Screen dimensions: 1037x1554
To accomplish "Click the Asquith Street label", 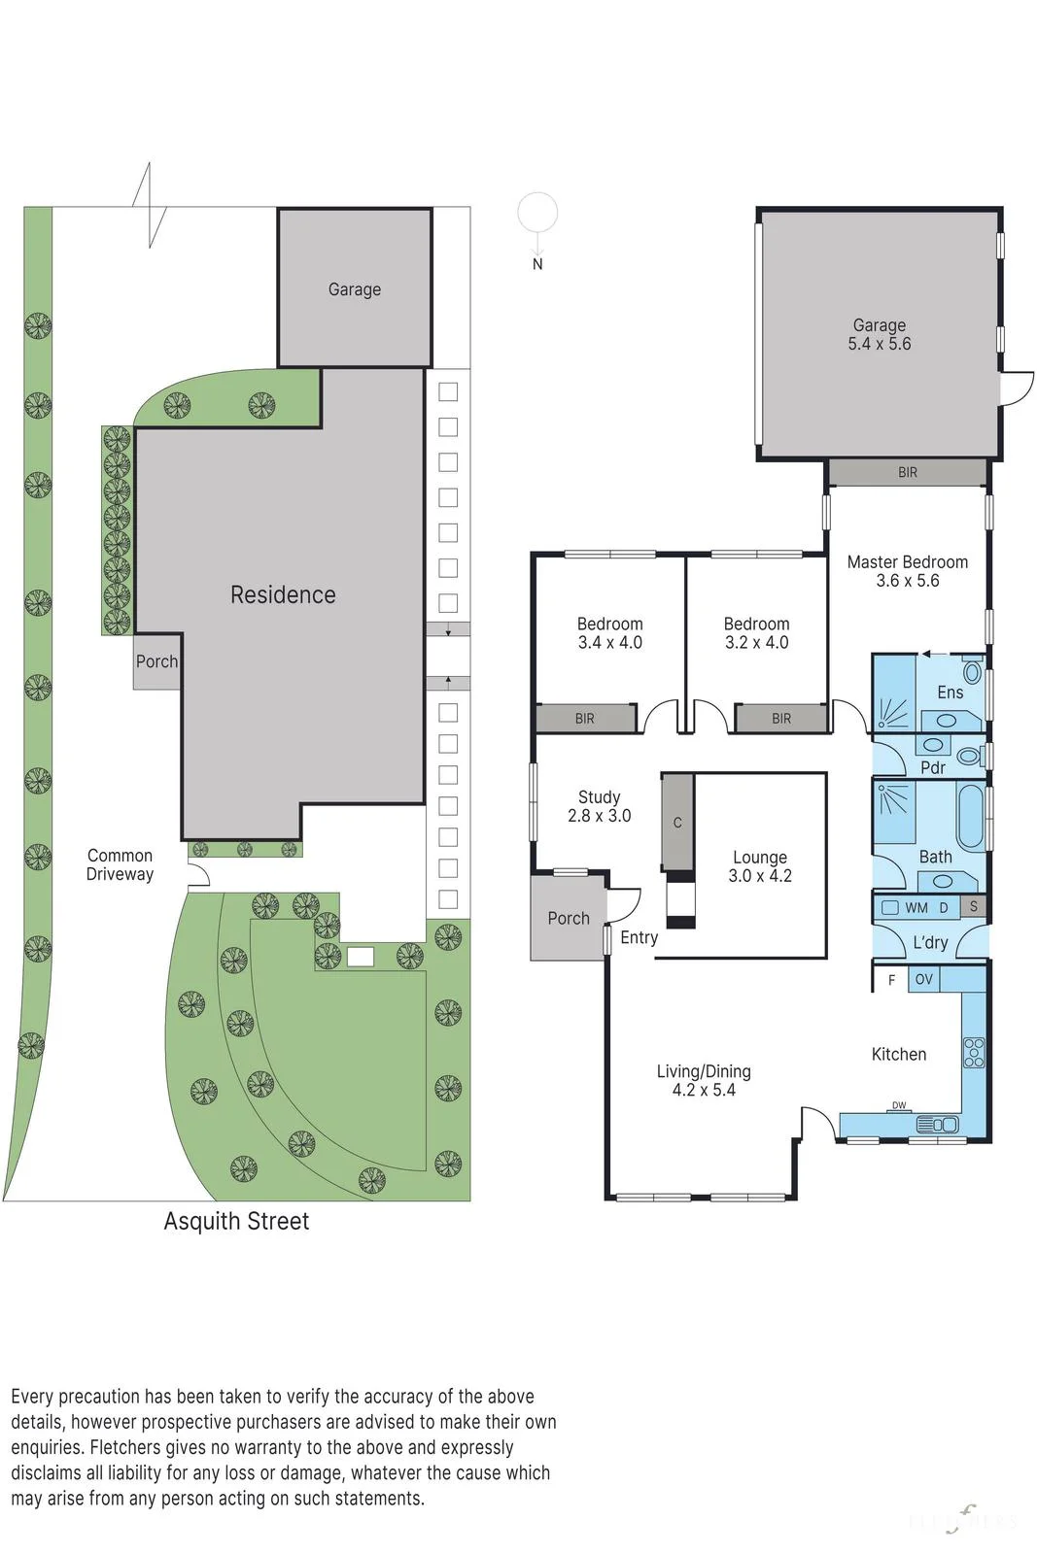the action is (x=236, y=1220).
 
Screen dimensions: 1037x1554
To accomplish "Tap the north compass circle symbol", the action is (x=537, y=212).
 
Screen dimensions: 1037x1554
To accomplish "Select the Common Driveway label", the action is (x=120, y=864).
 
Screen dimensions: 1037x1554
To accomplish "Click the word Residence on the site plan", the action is (x=283, y=594).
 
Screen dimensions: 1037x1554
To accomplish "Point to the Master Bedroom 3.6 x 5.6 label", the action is (x=907, y=571).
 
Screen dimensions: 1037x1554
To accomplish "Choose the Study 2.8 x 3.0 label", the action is (x=599, y=806).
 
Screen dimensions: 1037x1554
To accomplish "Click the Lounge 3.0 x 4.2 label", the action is (x=760, y=865).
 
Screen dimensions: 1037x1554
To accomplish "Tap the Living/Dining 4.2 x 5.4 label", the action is (x=704, y=1080).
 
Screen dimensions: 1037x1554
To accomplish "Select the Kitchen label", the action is (x=899, y=1054).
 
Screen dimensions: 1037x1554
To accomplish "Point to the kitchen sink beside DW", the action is (x=937, y=1124).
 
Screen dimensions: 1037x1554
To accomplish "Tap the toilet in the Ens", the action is (x=973, y=671).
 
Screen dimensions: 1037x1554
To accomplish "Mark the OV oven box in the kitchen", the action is (x=924, y=980).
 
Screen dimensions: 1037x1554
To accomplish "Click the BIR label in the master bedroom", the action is (x=907, y=472).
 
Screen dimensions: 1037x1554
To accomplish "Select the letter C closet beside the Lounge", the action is (x=677, y=822).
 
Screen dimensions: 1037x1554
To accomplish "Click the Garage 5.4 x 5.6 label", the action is (x=879, y=334).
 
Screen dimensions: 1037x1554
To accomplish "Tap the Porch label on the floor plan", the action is (x=568, y=918).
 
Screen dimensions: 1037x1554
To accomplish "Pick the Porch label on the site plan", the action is (x=156, y=661).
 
